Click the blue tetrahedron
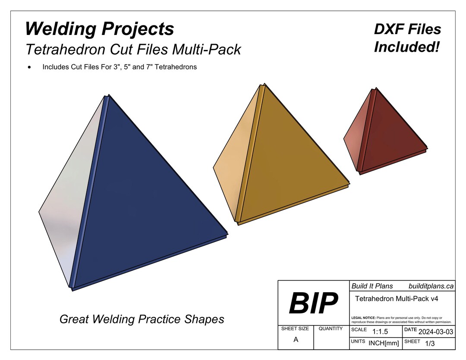tap(142, 203)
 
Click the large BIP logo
tap(313, 304)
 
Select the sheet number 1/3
tap(430, 344)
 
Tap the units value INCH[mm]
tap(384, 343)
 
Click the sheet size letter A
tap(296, 340)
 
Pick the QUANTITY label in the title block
tap(331, 329)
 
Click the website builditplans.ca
tap(431, 286)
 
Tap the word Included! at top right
tap(406, 47)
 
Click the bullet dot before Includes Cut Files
tap(29, 67)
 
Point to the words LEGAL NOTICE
tap(363, 317)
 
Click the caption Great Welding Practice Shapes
tap(142, 319)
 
